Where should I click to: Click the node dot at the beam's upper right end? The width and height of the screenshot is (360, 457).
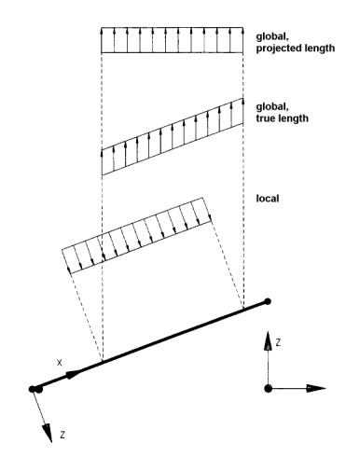click(x=269, y=301)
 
